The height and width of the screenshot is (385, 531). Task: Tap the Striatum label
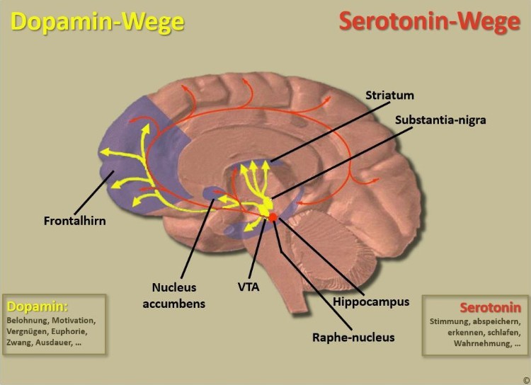pos(390,95)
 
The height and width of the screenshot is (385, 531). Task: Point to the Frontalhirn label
pos(73,221)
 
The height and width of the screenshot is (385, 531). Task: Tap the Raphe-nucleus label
pos(353,337)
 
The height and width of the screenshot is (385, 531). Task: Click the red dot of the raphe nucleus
pos(273,217)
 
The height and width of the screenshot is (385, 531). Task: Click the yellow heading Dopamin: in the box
pos(38,307)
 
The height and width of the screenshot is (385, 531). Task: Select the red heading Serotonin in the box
pos(490,308)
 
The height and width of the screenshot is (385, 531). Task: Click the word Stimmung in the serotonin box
pos(450,321)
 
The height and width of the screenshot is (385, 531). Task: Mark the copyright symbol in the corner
pos(524,379)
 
